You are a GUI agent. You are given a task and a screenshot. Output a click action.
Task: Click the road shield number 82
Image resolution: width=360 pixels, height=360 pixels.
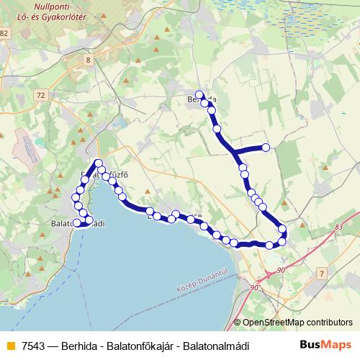5,33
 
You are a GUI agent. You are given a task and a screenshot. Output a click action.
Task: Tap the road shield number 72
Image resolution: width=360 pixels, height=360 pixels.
40,95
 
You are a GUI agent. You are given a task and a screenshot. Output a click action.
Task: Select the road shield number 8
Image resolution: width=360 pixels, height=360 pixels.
89,60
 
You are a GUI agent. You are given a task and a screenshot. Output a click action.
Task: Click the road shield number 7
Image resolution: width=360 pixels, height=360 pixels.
321,273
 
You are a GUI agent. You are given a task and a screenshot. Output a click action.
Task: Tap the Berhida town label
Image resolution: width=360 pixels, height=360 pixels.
202,99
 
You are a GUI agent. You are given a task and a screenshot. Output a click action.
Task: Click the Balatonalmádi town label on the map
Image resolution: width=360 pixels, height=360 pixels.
79,224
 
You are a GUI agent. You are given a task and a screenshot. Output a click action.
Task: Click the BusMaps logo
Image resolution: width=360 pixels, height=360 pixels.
325,346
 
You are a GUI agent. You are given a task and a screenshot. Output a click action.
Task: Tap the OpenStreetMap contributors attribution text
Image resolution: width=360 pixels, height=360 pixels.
297,323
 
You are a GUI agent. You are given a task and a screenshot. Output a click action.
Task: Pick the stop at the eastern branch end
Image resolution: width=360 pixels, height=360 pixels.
266,148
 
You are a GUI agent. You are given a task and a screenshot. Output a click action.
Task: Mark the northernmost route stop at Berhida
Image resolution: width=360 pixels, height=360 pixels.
199,94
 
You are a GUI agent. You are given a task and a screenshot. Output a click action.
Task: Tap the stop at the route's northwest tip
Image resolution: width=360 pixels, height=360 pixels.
99,163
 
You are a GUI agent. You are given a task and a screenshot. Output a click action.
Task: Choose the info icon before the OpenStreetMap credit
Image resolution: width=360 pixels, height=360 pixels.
238,323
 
